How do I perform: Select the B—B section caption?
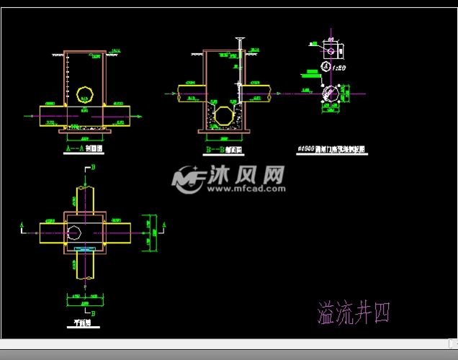pyautogui.click(x=223, y=150)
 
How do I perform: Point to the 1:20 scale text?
pyautogui.click(x=339, y=67)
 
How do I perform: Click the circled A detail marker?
pyautogui.click(x=326, y=67)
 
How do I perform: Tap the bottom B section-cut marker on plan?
pyautogui.click(x=92, y=313)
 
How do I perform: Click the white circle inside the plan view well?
pyautogui.click(x=74, y=231)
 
